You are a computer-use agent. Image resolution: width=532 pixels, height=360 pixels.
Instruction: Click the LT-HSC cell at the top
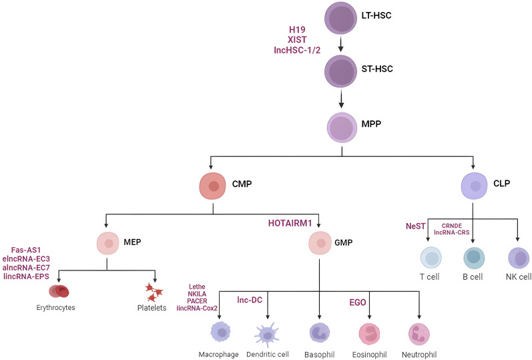point(342,19)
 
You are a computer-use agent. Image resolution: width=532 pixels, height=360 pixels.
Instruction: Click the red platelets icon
point(156,291)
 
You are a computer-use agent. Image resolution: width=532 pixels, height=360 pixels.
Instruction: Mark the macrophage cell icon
point(221,331)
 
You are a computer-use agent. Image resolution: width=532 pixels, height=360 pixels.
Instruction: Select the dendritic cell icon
point(268,332)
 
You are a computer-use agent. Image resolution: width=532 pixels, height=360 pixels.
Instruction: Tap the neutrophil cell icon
point(419,332)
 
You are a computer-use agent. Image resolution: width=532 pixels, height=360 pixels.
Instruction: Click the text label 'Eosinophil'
point(369,353)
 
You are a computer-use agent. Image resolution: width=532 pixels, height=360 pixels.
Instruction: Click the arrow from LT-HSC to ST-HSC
point(342,45)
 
